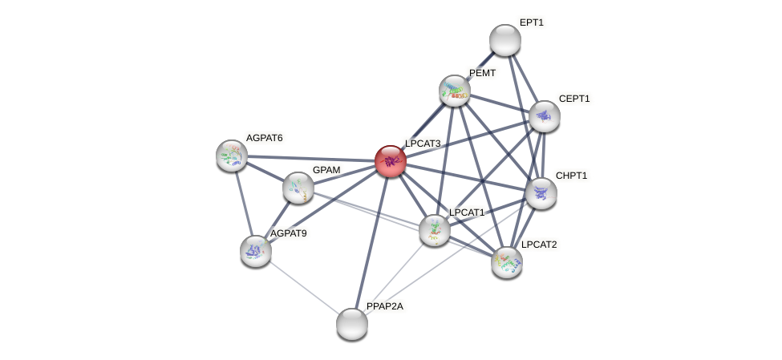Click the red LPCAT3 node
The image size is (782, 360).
pos(391,161)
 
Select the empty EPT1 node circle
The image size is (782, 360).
pos(505,40)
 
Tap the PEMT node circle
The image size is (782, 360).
pos(455,91)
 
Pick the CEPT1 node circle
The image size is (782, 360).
pos(545,116)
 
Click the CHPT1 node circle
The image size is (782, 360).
pos(541,193)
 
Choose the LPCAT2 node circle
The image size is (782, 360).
pos(507,261)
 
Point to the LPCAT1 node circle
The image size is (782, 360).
pos(435,230)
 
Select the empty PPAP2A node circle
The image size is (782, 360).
pos(352,324)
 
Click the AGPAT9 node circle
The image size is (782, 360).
pos(256,251)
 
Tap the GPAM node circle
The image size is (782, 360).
pos(298,188)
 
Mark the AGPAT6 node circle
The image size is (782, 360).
pos(232,156)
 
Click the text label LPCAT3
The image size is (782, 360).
pos(423,144)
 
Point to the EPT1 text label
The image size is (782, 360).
pos(531,22)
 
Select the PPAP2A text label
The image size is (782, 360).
pos(384,306)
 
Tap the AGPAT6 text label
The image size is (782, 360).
pos(264,138)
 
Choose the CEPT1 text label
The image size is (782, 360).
pos(573,99)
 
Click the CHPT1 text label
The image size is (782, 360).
pos(571,176)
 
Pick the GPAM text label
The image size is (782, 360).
pos(326,170)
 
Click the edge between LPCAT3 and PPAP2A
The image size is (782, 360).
pos(371,242)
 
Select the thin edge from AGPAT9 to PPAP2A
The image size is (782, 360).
pos(304,287)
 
